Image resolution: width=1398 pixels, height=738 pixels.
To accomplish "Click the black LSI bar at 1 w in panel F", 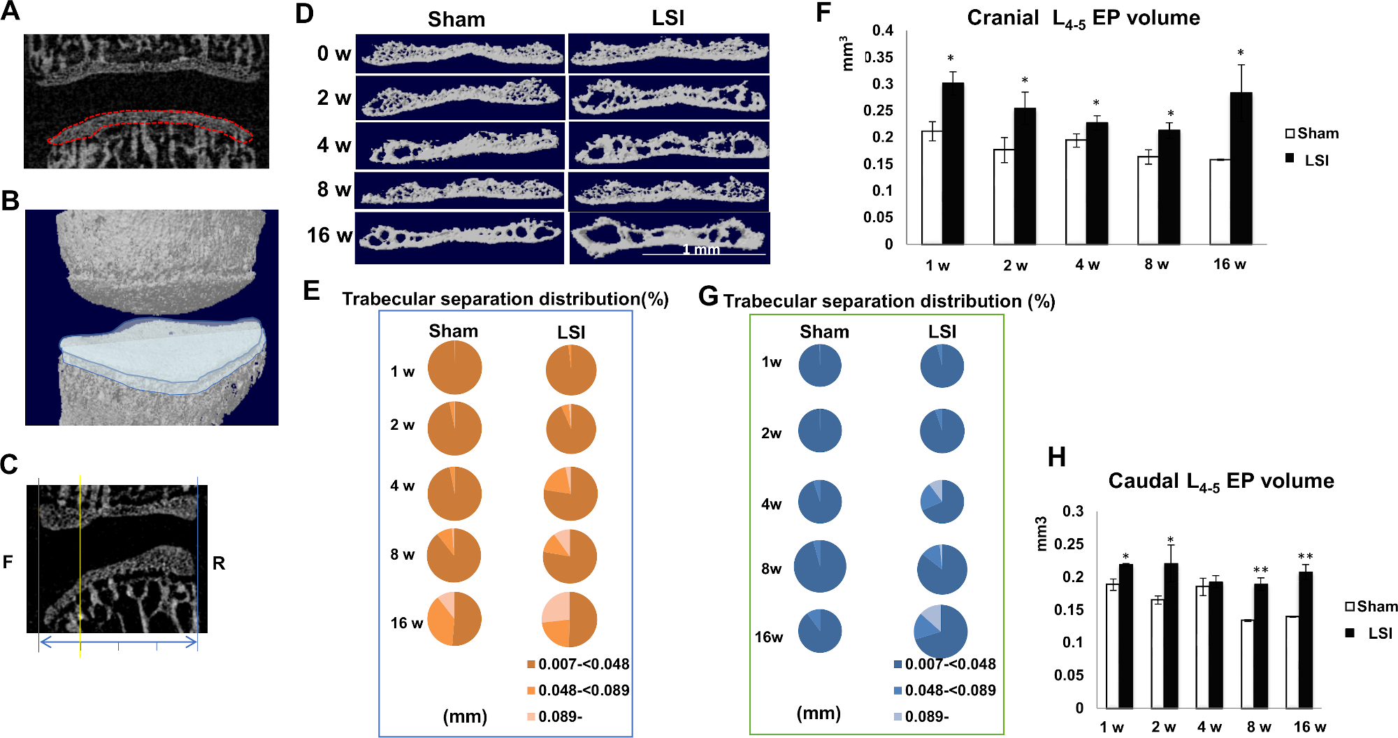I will (x=953, y=164).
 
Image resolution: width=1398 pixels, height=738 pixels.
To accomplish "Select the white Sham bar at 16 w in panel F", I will (x=1220, y=202).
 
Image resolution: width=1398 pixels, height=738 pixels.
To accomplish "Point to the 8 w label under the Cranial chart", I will (x=1156, y=265).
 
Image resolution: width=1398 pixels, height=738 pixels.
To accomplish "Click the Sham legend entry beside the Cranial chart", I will (x=1312, y=133).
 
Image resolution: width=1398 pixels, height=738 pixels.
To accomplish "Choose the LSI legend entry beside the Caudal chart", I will (x=1371, y=633).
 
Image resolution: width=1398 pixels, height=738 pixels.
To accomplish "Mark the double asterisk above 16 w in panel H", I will (x=1305, y=557).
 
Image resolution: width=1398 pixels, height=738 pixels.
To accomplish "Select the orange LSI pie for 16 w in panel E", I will (x=570, y=620).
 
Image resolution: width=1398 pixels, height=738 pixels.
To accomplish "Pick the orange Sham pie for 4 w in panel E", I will (x=454, y=493).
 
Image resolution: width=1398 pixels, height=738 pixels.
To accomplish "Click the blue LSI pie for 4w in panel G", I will (x=942, y=501).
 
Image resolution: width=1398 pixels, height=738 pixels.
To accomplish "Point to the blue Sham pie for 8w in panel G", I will (x=820, y=566).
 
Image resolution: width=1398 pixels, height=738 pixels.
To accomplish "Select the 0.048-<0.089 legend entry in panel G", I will (x=944, y=690).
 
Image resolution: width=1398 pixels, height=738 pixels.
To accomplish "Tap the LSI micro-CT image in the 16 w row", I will (x=670, y=238).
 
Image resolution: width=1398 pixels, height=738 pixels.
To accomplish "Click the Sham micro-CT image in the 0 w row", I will (x=460, y=54).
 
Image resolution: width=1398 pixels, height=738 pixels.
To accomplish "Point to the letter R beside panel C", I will (x=219, y=563).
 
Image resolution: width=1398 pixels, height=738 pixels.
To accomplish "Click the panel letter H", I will (x=1056, y=458).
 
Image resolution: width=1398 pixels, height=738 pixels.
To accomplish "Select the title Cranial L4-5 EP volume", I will (x=1083, y=18).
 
